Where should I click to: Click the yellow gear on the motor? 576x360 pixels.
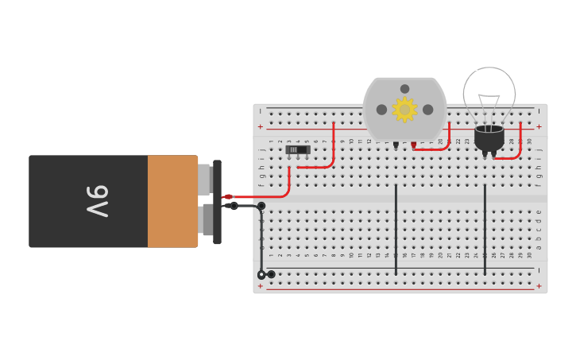[404, 109]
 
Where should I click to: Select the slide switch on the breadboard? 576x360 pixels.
[297, 149]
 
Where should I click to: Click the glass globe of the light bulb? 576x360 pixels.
[489, 91]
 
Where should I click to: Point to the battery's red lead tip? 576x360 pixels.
[227, 196]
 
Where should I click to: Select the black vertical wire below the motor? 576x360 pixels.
[396, 230]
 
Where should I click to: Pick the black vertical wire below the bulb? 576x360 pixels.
[485, 230]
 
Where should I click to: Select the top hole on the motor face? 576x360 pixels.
[404, 89]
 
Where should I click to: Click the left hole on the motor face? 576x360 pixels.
[381, 110]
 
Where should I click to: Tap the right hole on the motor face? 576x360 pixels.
[427, 110]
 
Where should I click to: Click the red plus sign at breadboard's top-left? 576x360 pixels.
[260, 126]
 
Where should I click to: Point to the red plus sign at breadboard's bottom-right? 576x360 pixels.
[539, 285]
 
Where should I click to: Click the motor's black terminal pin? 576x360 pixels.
[396, 145]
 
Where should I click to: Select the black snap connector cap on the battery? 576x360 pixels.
[217, 202]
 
